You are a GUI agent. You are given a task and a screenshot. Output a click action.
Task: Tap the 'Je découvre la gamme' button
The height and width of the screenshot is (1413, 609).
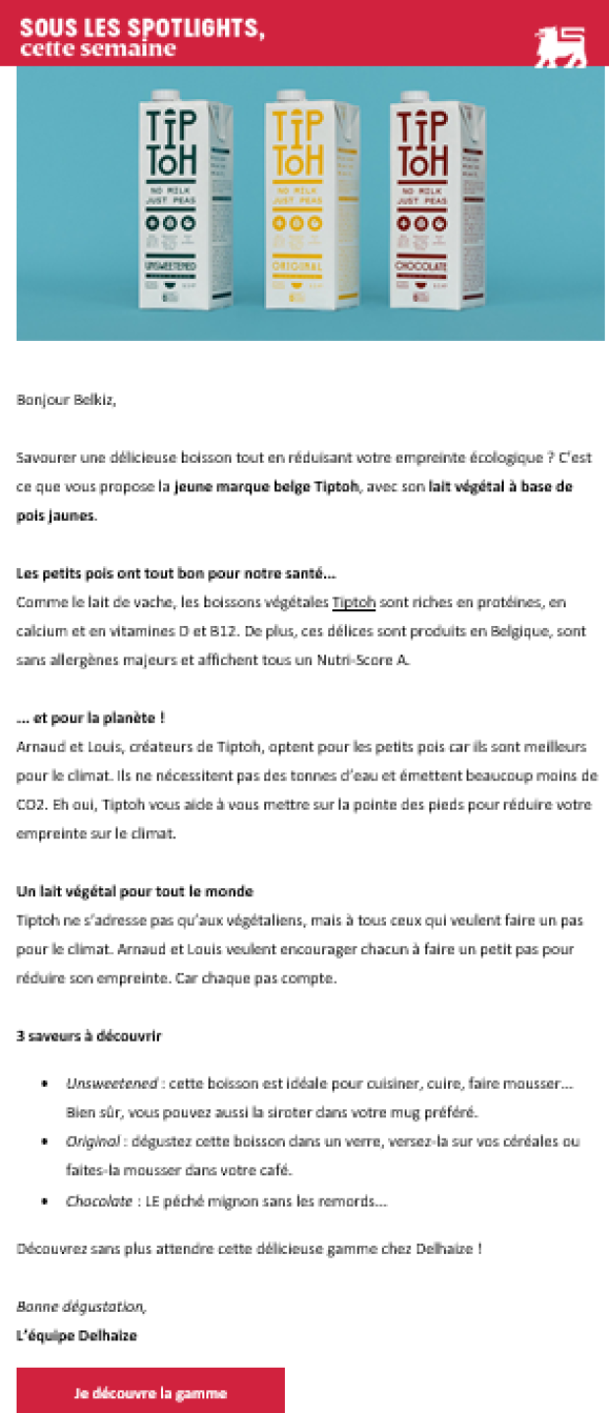(150, 1392)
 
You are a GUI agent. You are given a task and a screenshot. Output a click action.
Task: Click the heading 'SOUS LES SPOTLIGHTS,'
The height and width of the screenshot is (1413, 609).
(142, 28)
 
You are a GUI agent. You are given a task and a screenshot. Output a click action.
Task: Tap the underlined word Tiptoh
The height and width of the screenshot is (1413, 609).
(355, 602)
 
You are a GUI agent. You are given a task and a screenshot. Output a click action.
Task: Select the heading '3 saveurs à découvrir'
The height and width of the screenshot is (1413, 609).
(89, 1036)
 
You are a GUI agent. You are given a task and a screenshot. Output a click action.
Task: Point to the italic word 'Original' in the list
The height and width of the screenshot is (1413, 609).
(93, 1142)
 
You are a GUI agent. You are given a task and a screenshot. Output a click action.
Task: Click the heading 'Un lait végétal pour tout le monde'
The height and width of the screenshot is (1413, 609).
(135, 891)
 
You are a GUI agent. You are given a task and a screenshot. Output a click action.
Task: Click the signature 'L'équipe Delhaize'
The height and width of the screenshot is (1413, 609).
(77, 1335)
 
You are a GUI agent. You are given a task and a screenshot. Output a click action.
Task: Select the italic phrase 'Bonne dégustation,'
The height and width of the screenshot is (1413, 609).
(82, 1307)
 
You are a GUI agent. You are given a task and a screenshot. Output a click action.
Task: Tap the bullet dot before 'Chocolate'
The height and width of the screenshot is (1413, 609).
(45, 1201)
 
